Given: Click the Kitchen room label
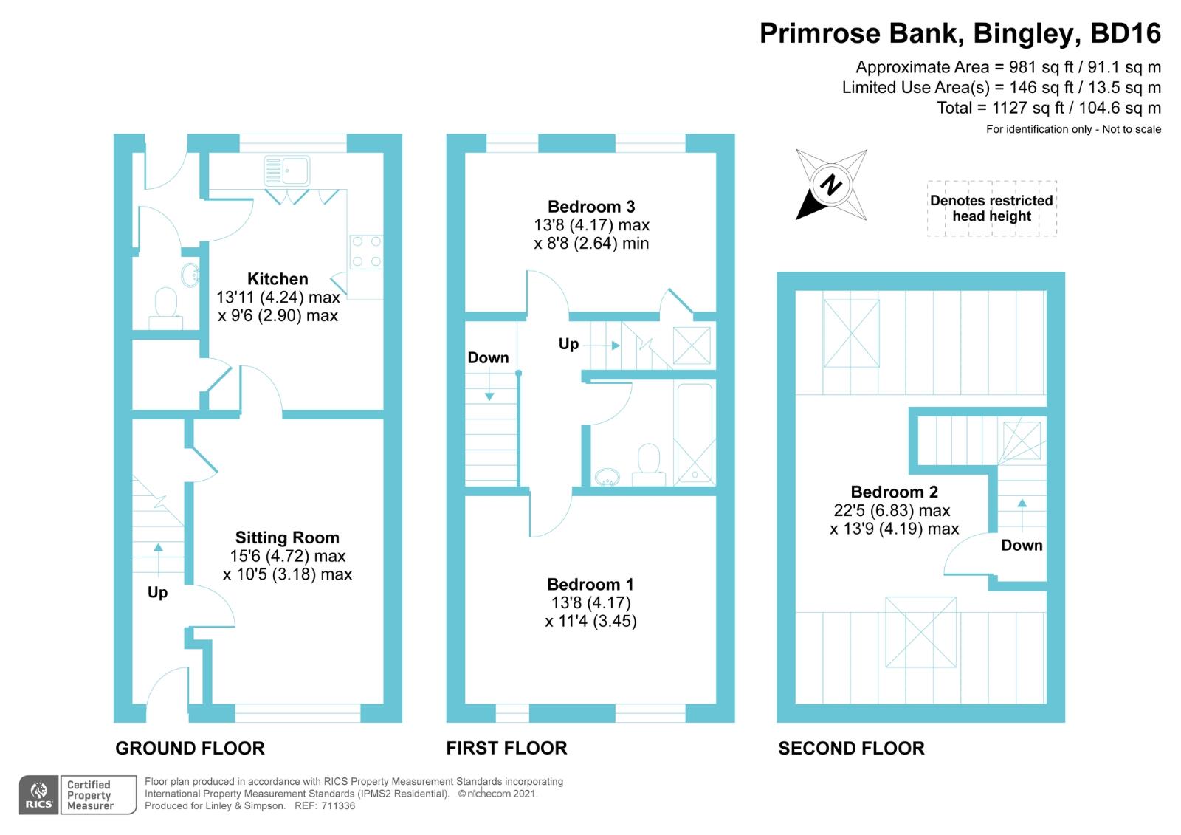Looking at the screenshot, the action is pos(278,278).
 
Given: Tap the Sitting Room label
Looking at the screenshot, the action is pos(287,537).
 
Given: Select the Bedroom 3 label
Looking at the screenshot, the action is pos(591,206).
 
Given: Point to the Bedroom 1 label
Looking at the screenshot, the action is pos(590,585).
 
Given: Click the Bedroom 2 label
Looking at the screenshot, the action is pos(894,492).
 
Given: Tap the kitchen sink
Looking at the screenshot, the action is pos(287,171).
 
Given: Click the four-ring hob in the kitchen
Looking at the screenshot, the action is pos(366,252).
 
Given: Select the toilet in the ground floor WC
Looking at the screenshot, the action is pos(166,308).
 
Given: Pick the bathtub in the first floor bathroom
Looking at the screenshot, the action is pos(695,433).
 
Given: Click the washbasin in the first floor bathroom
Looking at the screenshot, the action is pos(607,477).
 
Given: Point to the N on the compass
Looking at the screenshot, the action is pos(831,185).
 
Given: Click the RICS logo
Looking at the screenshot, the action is pos(38,795).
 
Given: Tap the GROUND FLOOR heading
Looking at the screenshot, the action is pos(190,749).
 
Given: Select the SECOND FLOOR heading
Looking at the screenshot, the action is pos(852,749).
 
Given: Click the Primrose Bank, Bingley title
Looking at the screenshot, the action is pos(960,33).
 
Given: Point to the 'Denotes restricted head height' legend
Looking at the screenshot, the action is pos(992,208).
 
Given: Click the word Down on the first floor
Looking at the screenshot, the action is pos(488,357).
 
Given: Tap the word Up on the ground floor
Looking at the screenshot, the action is pos(158,592).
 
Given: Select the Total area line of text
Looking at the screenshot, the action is pos(1049,108).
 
